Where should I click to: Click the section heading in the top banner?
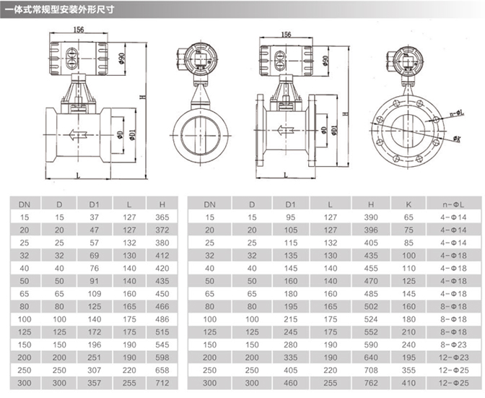click(60, 9)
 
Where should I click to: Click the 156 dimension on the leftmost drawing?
click(79, 30)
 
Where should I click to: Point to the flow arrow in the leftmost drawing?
click(78, 134)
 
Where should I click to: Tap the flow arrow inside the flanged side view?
click(287, 130)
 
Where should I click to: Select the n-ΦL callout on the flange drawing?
click(457, 113)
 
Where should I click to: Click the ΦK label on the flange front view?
click(458, 139)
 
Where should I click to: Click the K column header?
click(408, 204)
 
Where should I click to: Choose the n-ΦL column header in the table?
click(453, 204)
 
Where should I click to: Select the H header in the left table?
click(162, 204)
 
